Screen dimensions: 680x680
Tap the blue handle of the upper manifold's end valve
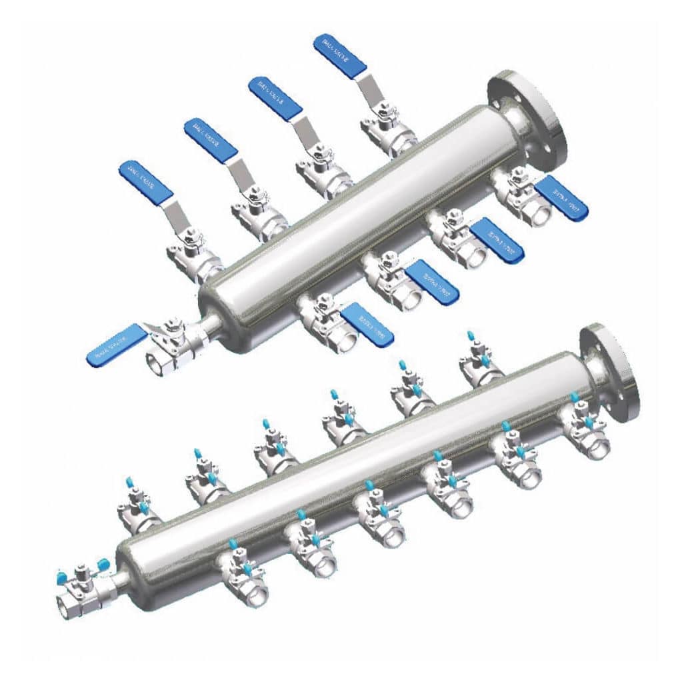[x=115, y=343]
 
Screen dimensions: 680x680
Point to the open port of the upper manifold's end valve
[x=157, y=363]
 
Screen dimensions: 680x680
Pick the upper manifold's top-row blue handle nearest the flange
[x=339, y=56]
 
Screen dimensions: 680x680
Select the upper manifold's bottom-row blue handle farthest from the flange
[x=367, y=324]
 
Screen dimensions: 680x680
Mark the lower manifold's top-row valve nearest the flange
[x=480, y=363]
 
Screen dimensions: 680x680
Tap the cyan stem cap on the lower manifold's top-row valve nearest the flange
[x=472, y=333]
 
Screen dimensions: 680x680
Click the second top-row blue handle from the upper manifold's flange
[x=275, y=99]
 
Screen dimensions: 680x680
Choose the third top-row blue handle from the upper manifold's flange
[x=210, y=140]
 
